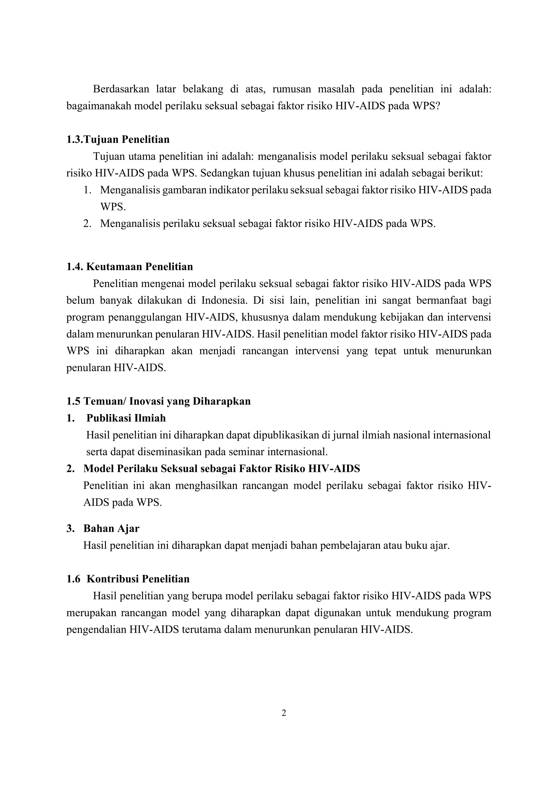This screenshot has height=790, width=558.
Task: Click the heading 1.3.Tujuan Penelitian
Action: tap(118, 140)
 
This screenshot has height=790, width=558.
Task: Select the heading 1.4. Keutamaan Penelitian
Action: tap(129, 267)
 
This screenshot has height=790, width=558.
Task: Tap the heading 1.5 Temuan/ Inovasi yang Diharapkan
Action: tap(158, 401)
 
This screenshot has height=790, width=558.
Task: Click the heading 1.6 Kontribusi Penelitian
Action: tap(128, 579)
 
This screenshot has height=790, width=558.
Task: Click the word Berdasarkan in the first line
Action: tap(121, 89)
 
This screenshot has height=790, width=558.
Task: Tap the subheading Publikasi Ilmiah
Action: tap(126, 418)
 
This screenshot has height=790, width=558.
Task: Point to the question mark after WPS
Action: tap(437, 106)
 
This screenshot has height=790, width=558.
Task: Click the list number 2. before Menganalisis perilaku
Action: tap(87, 224)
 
